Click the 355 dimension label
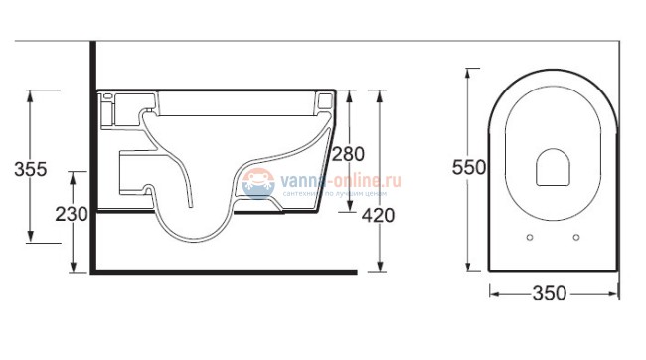(32, 168)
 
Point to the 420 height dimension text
(378, 215)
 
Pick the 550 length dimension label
(468, 168)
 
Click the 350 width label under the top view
(548, 293)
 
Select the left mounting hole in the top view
(529, 237)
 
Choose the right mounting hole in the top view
(576, 237)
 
